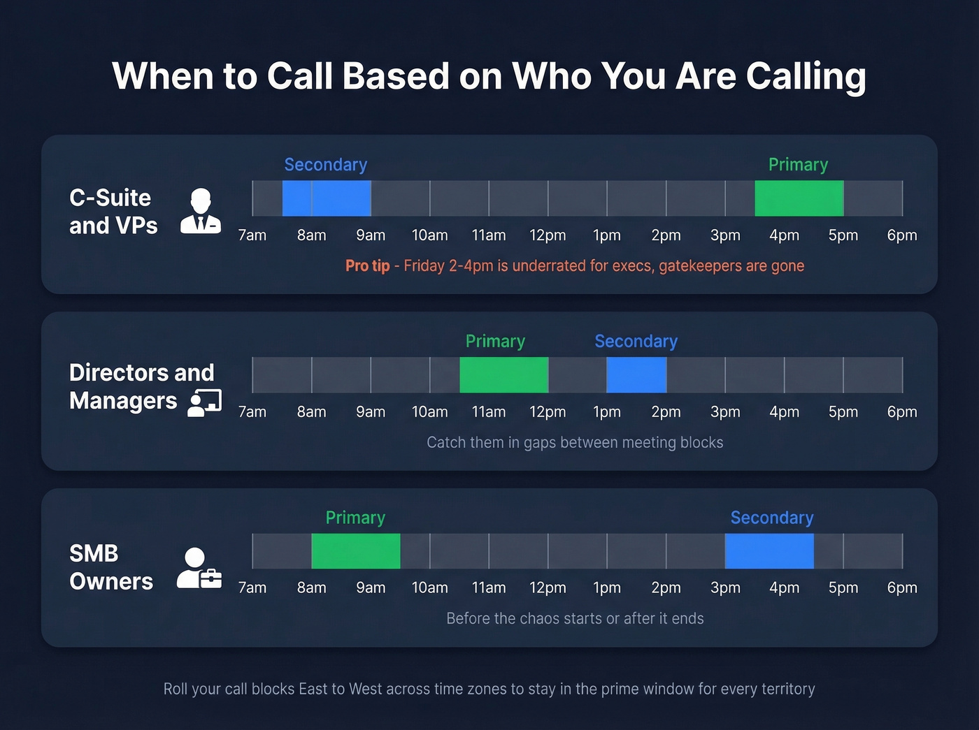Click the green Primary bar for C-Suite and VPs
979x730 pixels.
799,198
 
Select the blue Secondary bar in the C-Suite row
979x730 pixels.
327,198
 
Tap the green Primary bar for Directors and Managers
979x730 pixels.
503,375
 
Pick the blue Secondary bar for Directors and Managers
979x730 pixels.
636,375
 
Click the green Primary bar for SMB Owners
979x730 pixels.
356,551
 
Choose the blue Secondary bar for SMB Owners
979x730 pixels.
769,551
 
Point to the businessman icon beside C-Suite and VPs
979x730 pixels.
201,211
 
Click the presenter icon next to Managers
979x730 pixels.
205,402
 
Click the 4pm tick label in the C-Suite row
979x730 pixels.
784,235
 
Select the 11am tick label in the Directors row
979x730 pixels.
489,412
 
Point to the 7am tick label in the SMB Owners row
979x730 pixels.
252,588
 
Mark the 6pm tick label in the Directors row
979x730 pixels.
902,412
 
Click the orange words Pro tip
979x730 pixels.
367,266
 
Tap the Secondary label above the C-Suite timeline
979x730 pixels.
326,165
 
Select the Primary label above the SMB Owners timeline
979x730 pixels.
355,518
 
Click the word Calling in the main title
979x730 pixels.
806,76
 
